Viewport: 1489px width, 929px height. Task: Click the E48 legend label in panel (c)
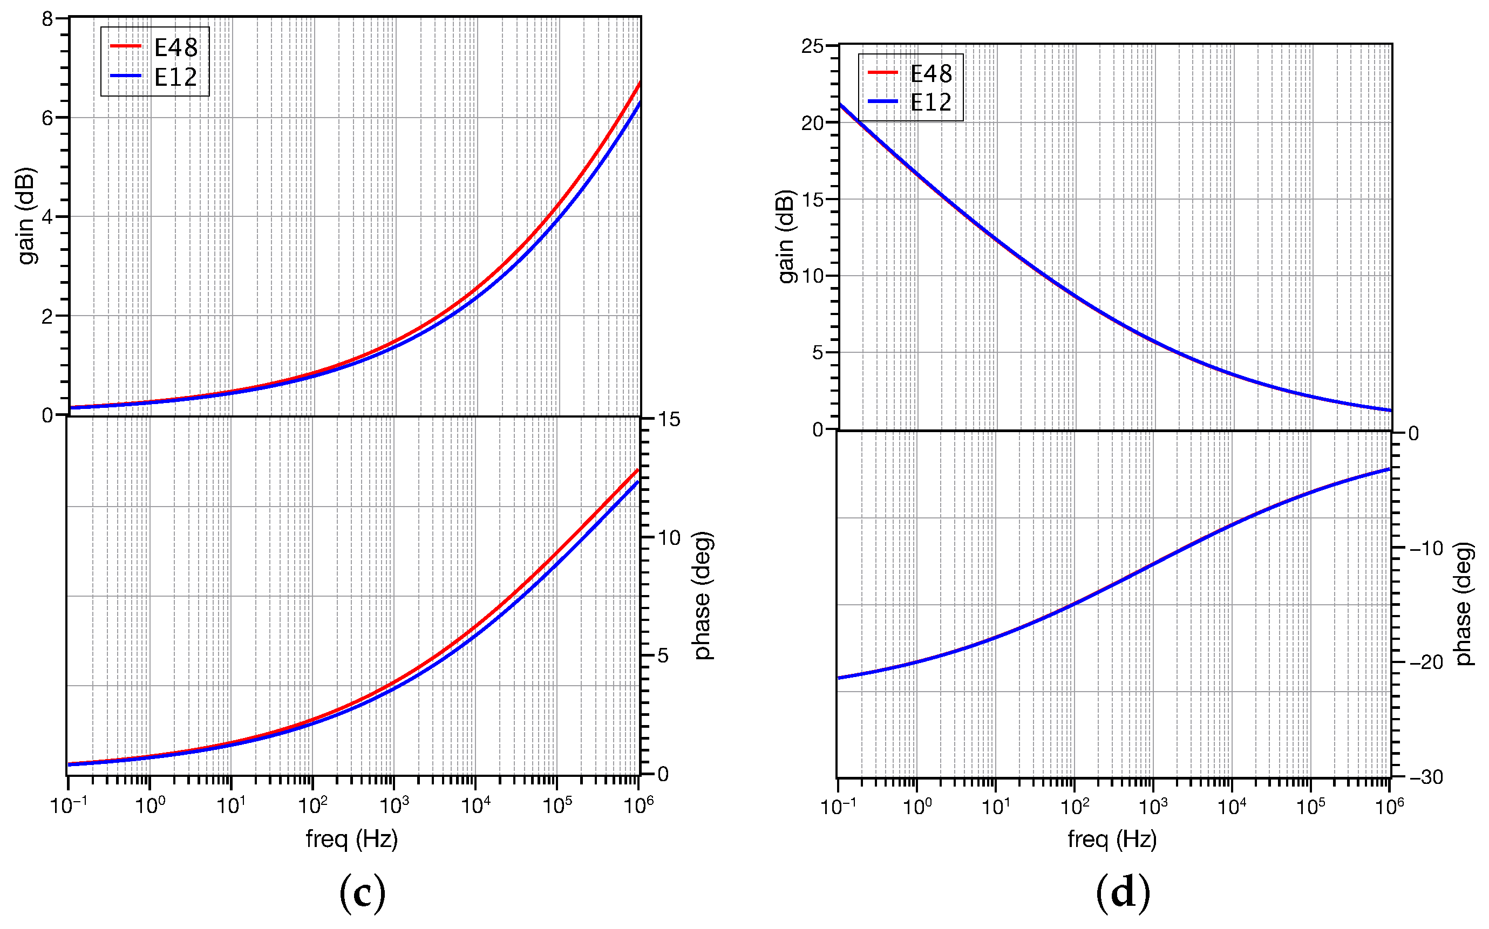[176, 47]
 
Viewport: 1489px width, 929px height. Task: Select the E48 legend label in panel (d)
[930, 74]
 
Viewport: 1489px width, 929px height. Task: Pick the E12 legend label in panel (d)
[930, 102]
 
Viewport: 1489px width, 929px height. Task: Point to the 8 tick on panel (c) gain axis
[47, 19]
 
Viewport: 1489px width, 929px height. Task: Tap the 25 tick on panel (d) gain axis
[812, 46]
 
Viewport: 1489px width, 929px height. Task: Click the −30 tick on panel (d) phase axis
[1426, 777]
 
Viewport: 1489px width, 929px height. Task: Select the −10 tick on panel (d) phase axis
[1426, 548]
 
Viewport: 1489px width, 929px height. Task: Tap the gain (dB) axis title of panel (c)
[26, 216]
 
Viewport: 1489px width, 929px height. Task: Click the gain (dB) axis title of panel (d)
[786, 236]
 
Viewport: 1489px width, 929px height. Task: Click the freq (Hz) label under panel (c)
[351, 839]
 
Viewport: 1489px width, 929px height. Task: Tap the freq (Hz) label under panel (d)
[1112, 839]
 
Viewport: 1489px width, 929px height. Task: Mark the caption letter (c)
[363, 894]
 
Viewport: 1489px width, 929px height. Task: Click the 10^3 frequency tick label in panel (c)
[393, 805]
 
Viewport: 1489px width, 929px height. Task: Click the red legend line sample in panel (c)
[125, 46]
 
